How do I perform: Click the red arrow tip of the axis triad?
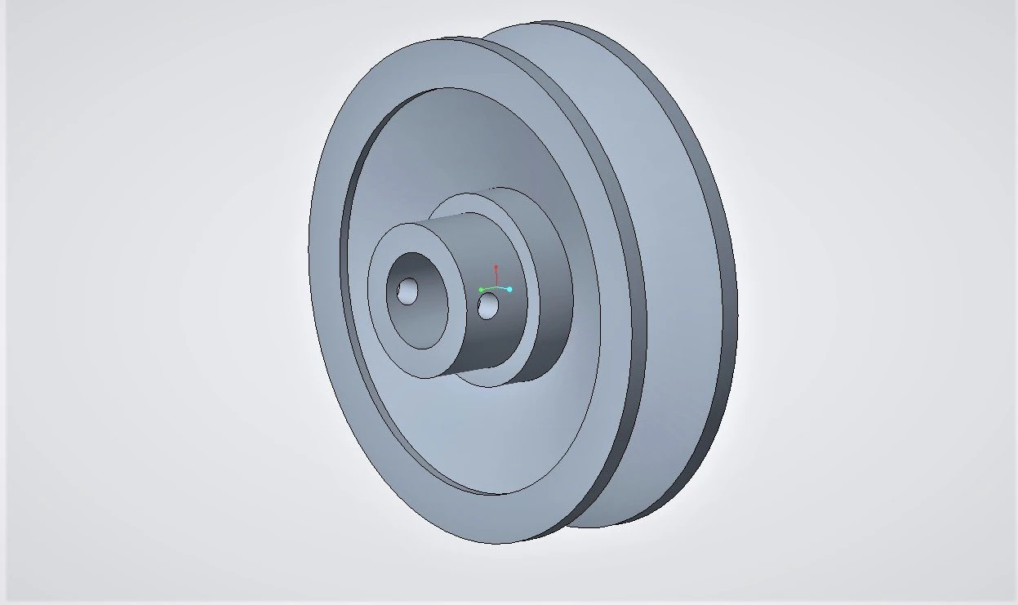pos(496,267)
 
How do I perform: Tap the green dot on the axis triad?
pos(482,290)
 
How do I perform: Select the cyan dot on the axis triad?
pos(509,289)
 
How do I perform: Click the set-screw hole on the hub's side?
pos(488,307)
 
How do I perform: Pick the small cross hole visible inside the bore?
pos(407,290)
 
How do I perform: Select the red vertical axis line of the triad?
pos(496,278)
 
